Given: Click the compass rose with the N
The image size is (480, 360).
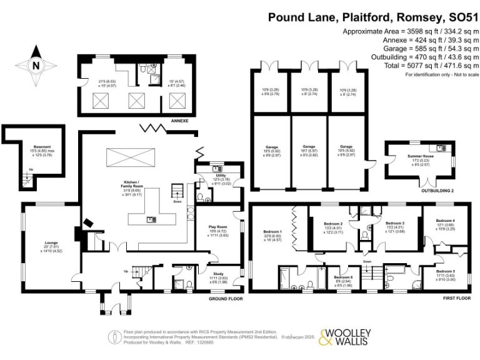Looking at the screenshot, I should (36, 64).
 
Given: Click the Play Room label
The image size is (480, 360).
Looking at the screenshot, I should (217, 227).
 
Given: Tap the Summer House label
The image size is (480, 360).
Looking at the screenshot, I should (418, 157).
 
